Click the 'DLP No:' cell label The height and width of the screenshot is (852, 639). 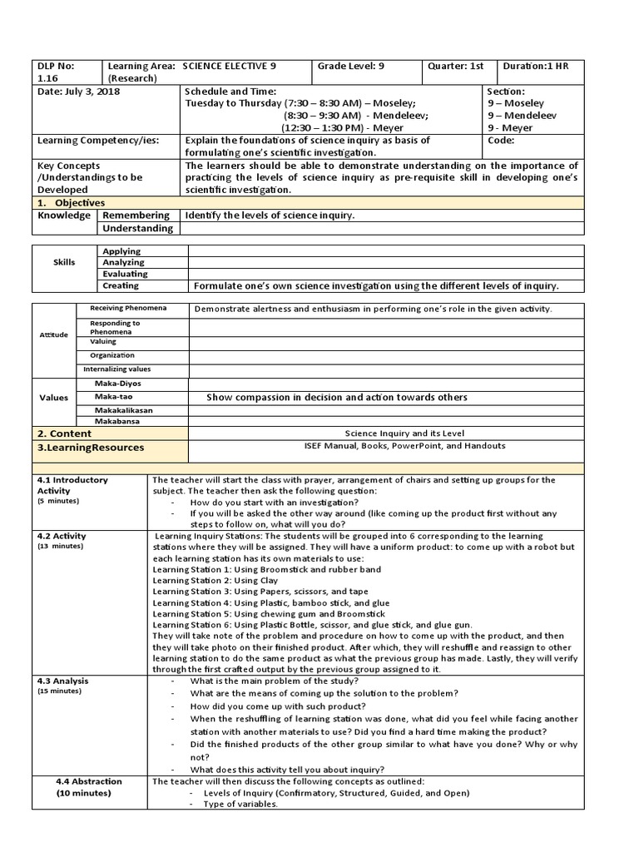point(55,67)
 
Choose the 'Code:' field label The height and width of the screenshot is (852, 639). point(503,141)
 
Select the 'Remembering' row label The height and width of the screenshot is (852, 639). point(136,215)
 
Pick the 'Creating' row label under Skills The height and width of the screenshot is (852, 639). point(121,285)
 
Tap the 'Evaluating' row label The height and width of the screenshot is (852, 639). point(125,274)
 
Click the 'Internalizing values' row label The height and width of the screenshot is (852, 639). point(117,369)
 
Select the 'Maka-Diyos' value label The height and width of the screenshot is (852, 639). point(119,383)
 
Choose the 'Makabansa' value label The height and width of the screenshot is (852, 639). point(117,421)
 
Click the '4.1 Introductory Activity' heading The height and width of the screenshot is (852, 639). point(72,485)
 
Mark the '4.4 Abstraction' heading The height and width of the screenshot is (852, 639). point(89,781)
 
